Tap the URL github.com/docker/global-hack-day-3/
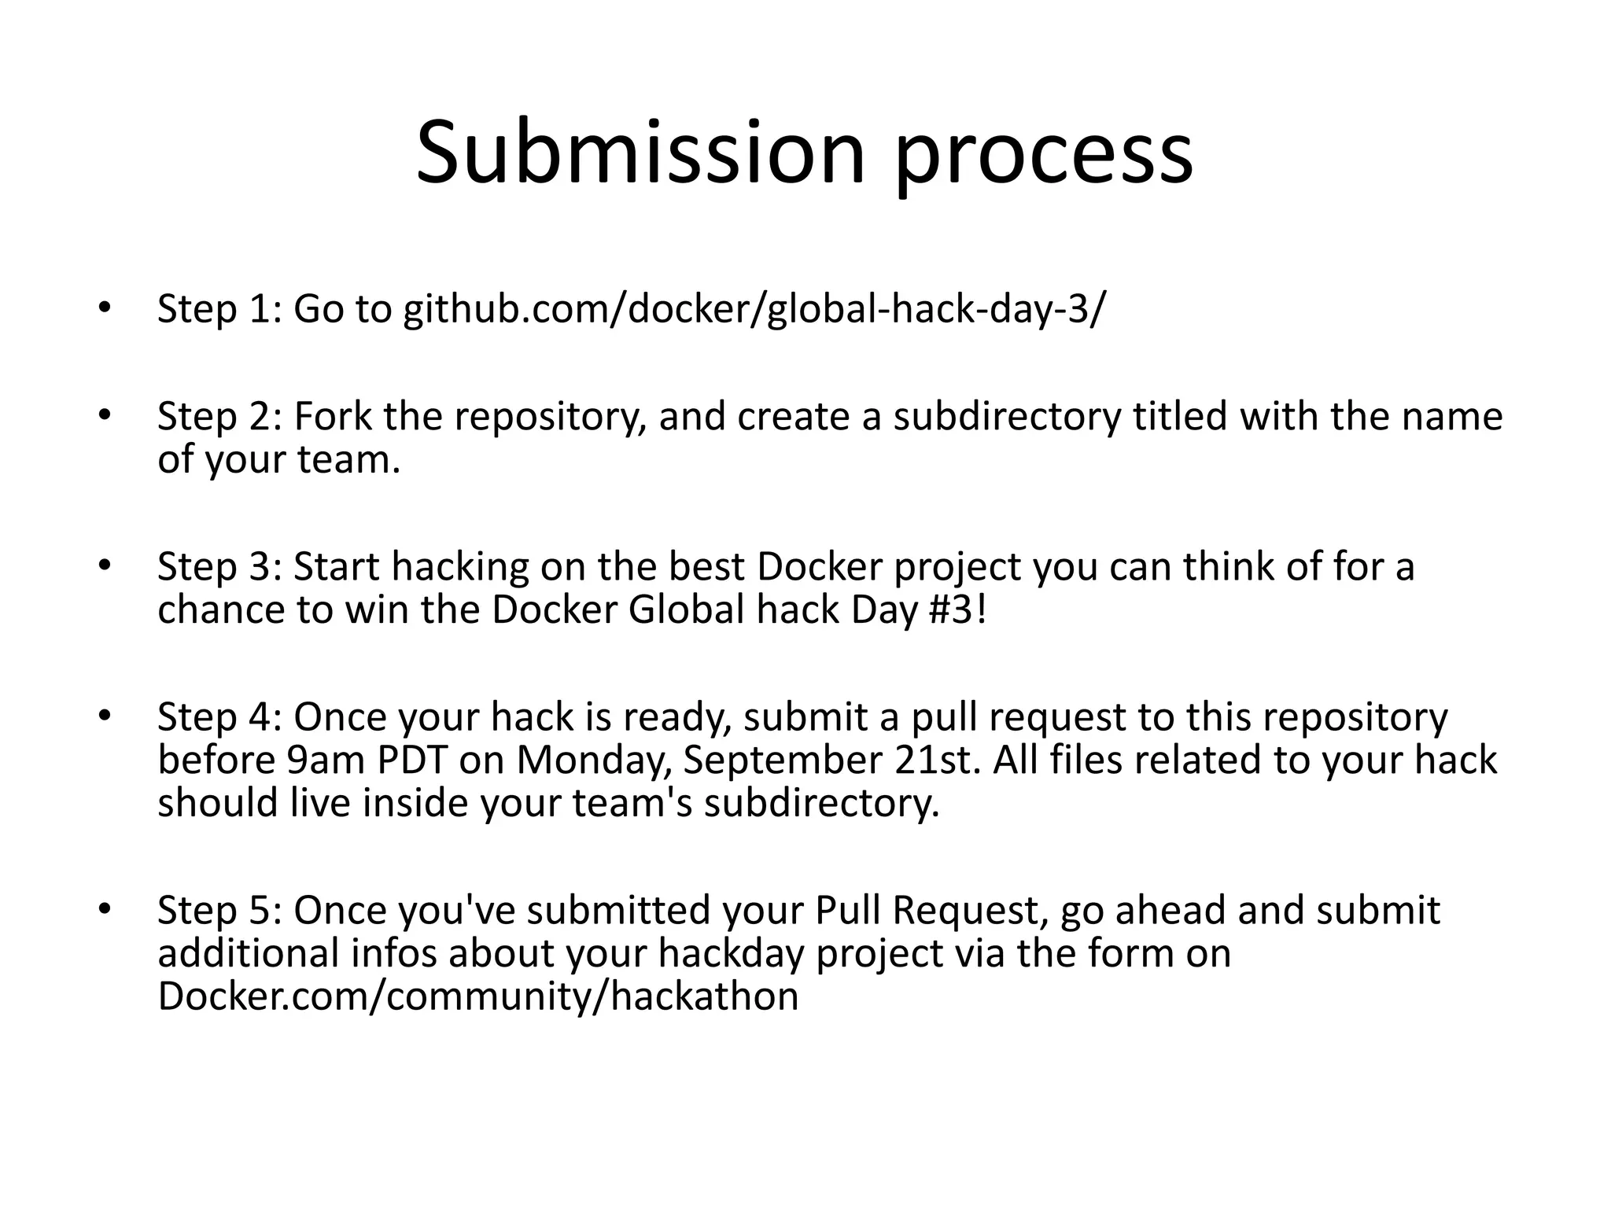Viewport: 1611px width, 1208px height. point(754,309)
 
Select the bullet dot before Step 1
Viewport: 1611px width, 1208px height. point(103,308)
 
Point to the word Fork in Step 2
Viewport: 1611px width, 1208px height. point(334,416)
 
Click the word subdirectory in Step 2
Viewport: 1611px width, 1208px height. point(1006,418)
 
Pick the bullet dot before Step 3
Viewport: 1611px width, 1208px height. point(103,566)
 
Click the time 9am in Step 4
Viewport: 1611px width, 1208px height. point(325,761)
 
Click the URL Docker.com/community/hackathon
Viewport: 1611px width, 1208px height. point(477,996)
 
